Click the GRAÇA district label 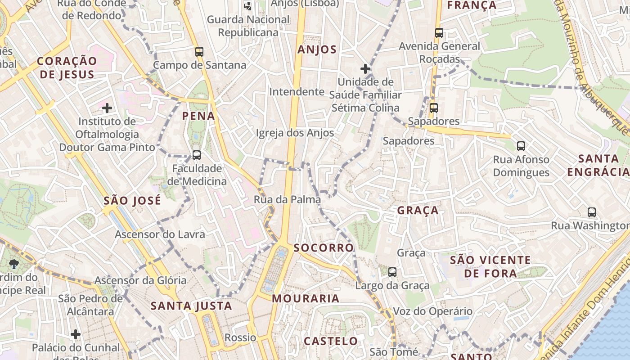tap(418, 211)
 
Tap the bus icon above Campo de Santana tap(199, 52)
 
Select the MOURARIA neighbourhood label tap(306, 298)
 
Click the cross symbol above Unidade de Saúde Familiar tap(365, 69)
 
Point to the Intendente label tap(297, 92)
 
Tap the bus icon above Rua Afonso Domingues tap(521, 146)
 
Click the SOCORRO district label tap(324, 248)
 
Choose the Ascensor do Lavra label tap(160, 234)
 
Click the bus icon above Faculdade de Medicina tap(196, 155)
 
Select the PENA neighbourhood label tap(198, 116)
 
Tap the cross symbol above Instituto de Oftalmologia tap(107, 108)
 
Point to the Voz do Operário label tap(433, 311)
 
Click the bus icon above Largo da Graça tap(392, 272)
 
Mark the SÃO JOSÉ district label tap(132, 201)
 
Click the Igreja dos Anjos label tap(295, 133)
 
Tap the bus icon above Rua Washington tap(592, 212)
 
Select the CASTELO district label tap(331, 341)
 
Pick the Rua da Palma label tap(287, 199)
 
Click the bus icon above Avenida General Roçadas tap(439, 33)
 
